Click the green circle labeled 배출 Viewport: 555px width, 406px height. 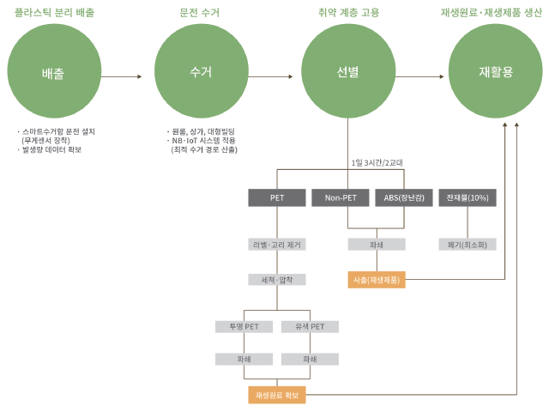pos(53,73)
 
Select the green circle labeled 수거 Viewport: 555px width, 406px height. pos(200,73)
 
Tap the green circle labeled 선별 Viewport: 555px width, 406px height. pos(347,73)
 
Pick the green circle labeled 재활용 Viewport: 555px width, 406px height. pos(495,73)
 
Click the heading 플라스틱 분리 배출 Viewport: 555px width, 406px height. pos(55,14)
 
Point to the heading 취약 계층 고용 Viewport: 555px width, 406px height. pos(347,14)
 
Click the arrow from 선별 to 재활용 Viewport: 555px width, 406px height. pos(420,76)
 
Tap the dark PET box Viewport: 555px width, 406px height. pos(277,197)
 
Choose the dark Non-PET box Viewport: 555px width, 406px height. pos(341,197)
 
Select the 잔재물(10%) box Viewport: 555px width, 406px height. pos(468,197)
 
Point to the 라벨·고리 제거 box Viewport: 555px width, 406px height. pos(277,245)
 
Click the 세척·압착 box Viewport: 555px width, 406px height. pos(277,280)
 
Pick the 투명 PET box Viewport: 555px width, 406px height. pos(244,326)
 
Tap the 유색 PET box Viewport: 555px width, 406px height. pos(310,326)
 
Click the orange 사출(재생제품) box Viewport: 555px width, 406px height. pos(377,280)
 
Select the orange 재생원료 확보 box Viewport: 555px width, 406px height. pos(277,395)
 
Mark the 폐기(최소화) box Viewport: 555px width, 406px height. pos(468,245)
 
